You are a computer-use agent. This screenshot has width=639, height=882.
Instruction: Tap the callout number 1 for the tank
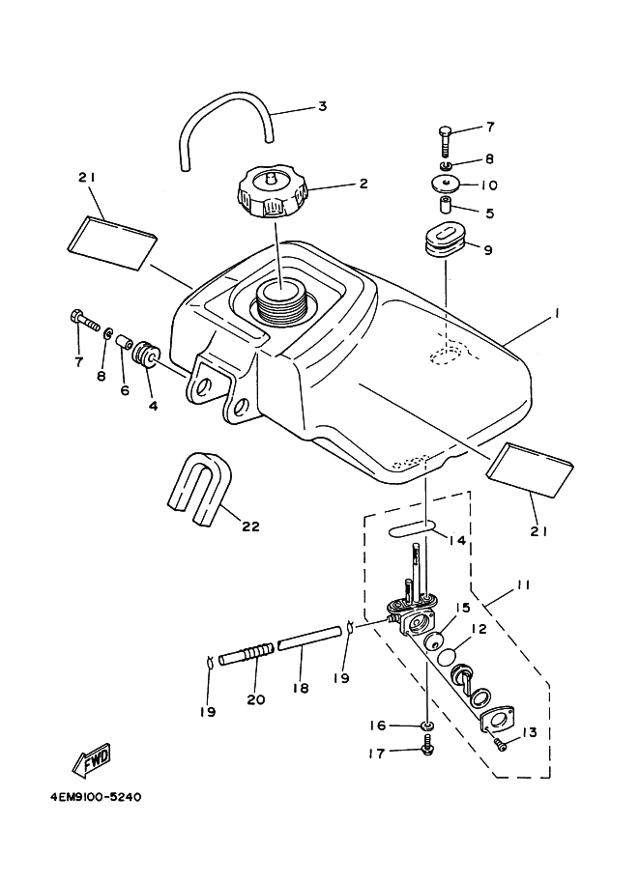click(x=557, y=315)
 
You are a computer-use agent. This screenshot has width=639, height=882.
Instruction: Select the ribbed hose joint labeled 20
click(x=243, y=656)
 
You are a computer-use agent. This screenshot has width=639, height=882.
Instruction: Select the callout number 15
click(x=464, y=608)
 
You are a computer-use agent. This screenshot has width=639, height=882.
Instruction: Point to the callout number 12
click(x=478, y=629)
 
